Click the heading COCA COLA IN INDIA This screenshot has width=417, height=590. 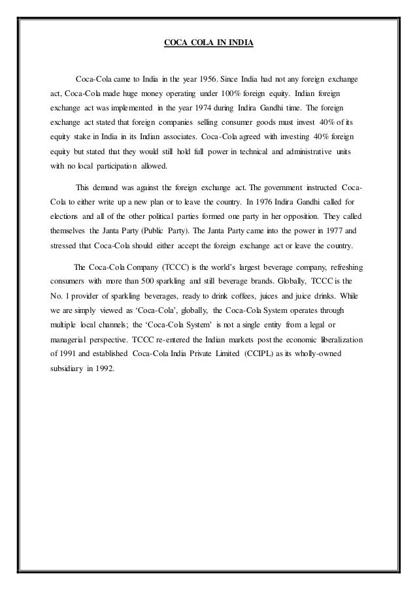[208, 45]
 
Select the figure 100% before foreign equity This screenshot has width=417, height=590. [234, 93]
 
